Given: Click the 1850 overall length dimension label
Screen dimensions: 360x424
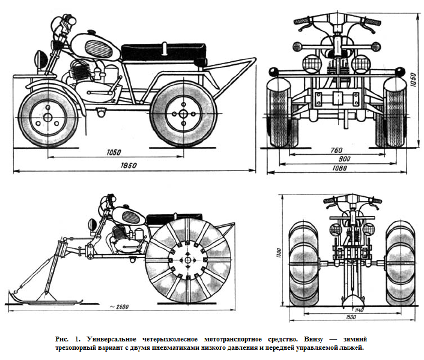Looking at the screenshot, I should pyautogui.click(x=127, y=165).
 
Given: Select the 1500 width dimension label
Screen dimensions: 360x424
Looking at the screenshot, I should pyautogui.click(x=351, y=317).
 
